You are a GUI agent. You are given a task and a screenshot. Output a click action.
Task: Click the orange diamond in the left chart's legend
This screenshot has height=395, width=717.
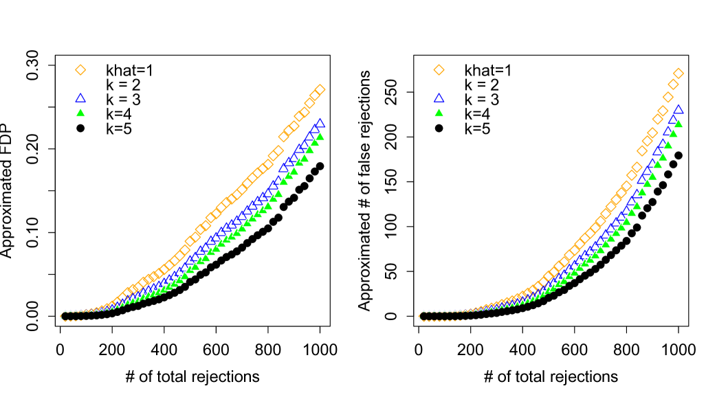point(80,70)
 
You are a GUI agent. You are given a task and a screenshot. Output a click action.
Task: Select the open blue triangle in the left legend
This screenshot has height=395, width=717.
point(80,98)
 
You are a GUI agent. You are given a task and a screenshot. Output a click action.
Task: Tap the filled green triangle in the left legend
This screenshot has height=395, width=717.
point(80,113)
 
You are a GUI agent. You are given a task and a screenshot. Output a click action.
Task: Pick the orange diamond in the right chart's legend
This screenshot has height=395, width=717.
point(439,70)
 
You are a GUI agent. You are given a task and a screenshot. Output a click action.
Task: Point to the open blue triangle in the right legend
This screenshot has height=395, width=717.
point(439,98)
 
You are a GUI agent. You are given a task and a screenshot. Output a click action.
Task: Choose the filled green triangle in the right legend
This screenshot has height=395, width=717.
point(439,113)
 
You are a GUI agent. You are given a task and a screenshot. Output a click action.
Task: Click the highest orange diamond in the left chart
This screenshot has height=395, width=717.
point(320,89)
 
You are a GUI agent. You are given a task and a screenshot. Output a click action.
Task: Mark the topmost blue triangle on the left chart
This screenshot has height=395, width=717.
point(320,124)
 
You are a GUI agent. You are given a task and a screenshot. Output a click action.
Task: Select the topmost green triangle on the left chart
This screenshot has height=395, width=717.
point(320,136)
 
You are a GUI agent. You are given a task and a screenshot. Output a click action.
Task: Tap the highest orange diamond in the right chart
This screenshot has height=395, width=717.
point(679,74)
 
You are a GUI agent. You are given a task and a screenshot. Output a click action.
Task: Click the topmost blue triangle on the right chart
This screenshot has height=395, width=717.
point(679,109)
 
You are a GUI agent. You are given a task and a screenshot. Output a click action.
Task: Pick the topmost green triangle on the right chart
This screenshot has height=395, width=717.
point(679,124)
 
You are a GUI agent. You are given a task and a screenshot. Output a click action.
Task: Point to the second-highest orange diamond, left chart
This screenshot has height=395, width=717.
point(315,95)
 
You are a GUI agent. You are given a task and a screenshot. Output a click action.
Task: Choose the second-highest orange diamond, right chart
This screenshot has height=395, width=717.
point(673,84)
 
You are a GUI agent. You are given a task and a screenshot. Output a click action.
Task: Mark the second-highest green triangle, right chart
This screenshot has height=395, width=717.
point(673,133)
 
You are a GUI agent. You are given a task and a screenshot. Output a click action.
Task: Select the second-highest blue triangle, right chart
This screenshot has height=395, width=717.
point(673,120)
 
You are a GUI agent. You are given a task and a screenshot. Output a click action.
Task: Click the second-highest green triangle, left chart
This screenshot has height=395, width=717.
point(315,142)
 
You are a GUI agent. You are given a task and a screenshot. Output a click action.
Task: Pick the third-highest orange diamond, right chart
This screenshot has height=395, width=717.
point(668,97)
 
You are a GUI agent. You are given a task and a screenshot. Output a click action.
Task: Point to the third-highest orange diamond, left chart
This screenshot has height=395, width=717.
point(309,103)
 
